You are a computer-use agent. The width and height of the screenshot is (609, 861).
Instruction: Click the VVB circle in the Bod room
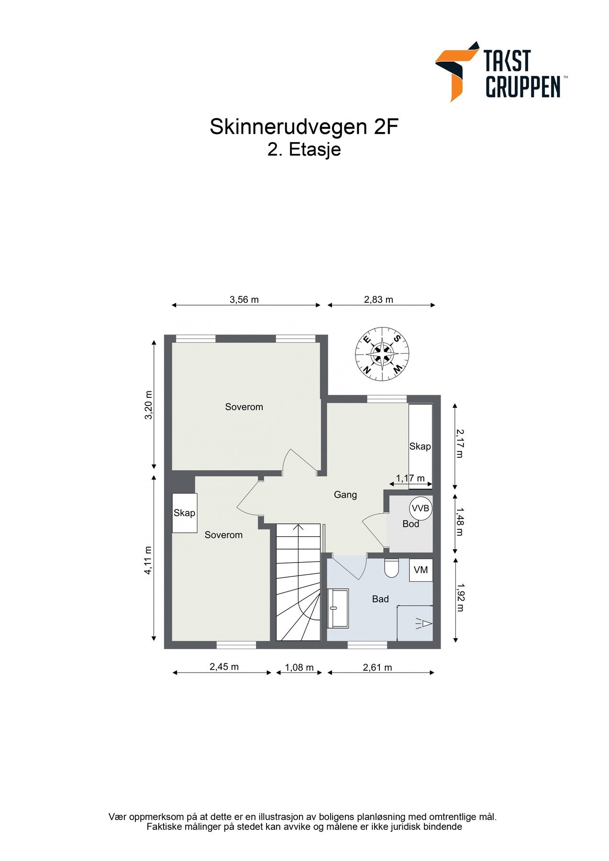tap(421, 508)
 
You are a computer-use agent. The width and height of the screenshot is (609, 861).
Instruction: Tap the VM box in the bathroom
tap(421, 570)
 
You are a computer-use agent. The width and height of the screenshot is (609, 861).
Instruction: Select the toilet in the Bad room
tap(391, 567)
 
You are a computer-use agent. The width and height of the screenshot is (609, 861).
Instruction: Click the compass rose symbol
tap(382, 354)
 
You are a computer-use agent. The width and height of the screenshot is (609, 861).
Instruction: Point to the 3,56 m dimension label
tap(244, 300)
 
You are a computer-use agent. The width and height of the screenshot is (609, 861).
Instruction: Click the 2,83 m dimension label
tap(378, 300)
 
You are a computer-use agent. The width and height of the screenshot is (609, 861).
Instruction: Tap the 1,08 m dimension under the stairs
tap(299, 667)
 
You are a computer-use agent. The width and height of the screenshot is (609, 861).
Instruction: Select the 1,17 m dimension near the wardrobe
tap(410, 478)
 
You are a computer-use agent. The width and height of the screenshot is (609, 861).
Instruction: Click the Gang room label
tap(345, 495)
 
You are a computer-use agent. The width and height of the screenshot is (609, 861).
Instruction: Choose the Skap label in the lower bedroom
tap(184, 513)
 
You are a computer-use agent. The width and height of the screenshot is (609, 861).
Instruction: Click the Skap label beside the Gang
tap(420, 446)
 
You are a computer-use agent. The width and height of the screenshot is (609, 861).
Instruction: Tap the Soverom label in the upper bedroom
tap(244, 407)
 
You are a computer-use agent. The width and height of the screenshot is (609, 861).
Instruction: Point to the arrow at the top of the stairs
tap(299, 528)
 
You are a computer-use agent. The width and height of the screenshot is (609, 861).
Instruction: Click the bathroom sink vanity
tap(337, 608)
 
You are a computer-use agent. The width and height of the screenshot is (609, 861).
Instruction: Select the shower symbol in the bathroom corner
tap(424, 623)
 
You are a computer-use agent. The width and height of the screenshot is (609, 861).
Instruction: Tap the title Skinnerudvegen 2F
tap(304, 127)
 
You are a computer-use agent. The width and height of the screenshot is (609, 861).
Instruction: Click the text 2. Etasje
tap(304, 150)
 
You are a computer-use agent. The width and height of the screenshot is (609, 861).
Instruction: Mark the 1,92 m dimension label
tap(460, 597)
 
